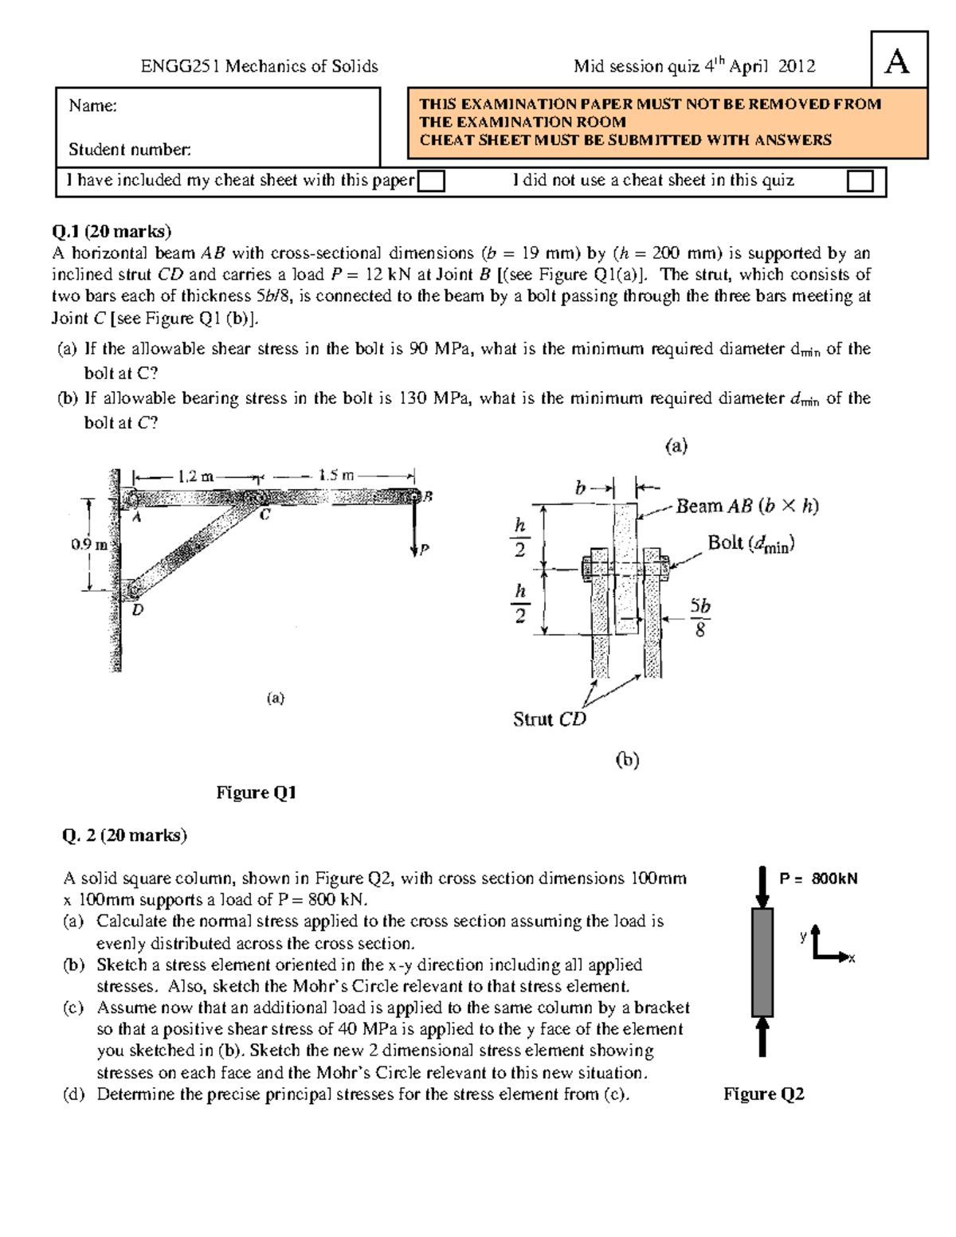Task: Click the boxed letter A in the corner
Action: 898,61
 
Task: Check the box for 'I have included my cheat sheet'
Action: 431,182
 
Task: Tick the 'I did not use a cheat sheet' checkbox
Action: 860,182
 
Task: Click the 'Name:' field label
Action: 92,106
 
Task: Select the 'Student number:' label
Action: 129,149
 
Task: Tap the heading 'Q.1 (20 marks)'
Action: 112,232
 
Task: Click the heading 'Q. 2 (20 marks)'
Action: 124,835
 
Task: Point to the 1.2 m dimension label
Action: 196,476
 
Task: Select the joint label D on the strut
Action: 138,610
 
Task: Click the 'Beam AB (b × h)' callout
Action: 746,506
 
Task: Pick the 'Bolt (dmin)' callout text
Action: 751,544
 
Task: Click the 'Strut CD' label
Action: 550,719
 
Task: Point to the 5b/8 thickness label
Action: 699,617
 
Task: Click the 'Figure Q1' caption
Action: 256,793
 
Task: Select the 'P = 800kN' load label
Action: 818,879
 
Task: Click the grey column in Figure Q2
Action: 762,962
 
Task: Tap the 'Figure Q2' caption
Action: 763,1094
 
